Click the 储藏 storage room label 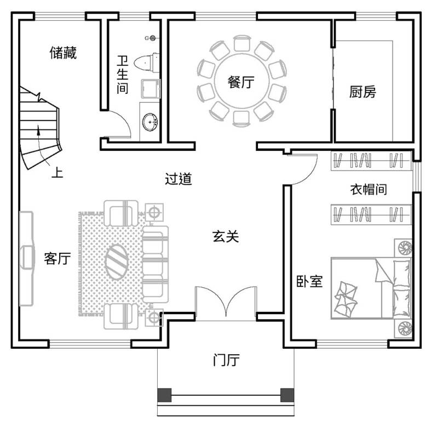click(63, 53)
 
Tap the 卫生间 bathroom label click(122, 75)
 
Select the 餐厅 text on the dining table click(241, 82)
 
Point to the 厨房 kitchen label click(362, 92)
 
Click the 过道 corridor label click(178, 179)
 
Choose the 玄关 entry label click(226, 237)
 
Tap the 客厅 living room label click(57, 259)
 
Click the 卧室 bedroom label click(309, 281)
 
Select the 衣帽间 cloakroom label click(368, 190)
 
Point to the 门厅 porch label click(226, 360)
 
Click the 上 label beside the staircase click(57, 173)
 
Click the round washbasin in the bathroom click(150, 122)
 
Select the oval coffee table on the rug click(116, 262)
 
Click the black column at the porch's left click(164, 395)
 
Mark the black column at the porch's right click(287, 395)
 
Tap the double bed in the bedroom click(371, 288)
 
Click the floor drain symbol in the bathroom click(152, 38)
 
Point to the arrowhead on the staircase click(38, 130)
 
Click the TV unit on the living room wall click(27, 259)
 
